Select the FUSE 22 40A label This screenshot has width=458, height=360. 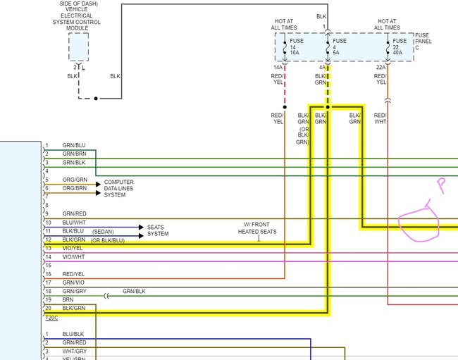click(400, 46)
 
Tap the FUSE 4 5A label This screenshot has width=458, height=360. click(340, 46)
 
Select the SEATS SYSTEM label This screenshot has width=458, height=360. click(158, 230)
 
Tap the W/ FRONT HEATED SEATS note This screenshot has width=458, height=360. click(257, 228)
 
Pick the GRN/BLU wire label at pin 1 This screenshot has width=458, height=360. click(74, 145)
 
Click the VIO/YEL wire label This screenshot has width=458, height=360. click(73, 248)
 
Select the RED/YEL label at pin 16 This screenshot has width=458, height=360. click(73, 274)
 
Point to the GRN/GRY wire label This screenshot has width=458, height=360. click(74, 291)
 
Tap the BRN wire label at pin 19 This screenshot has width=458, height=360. click(68, 299)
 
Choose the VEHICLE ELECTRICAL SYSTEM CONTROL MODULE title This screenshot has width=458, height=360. click(78, 15)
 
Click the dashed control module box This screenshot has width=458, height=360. click(78, 46)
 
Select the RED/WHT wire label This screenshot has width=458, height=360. click(380, 118)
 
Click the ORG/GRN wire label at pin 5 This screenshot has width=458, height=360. click(74, 180)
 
